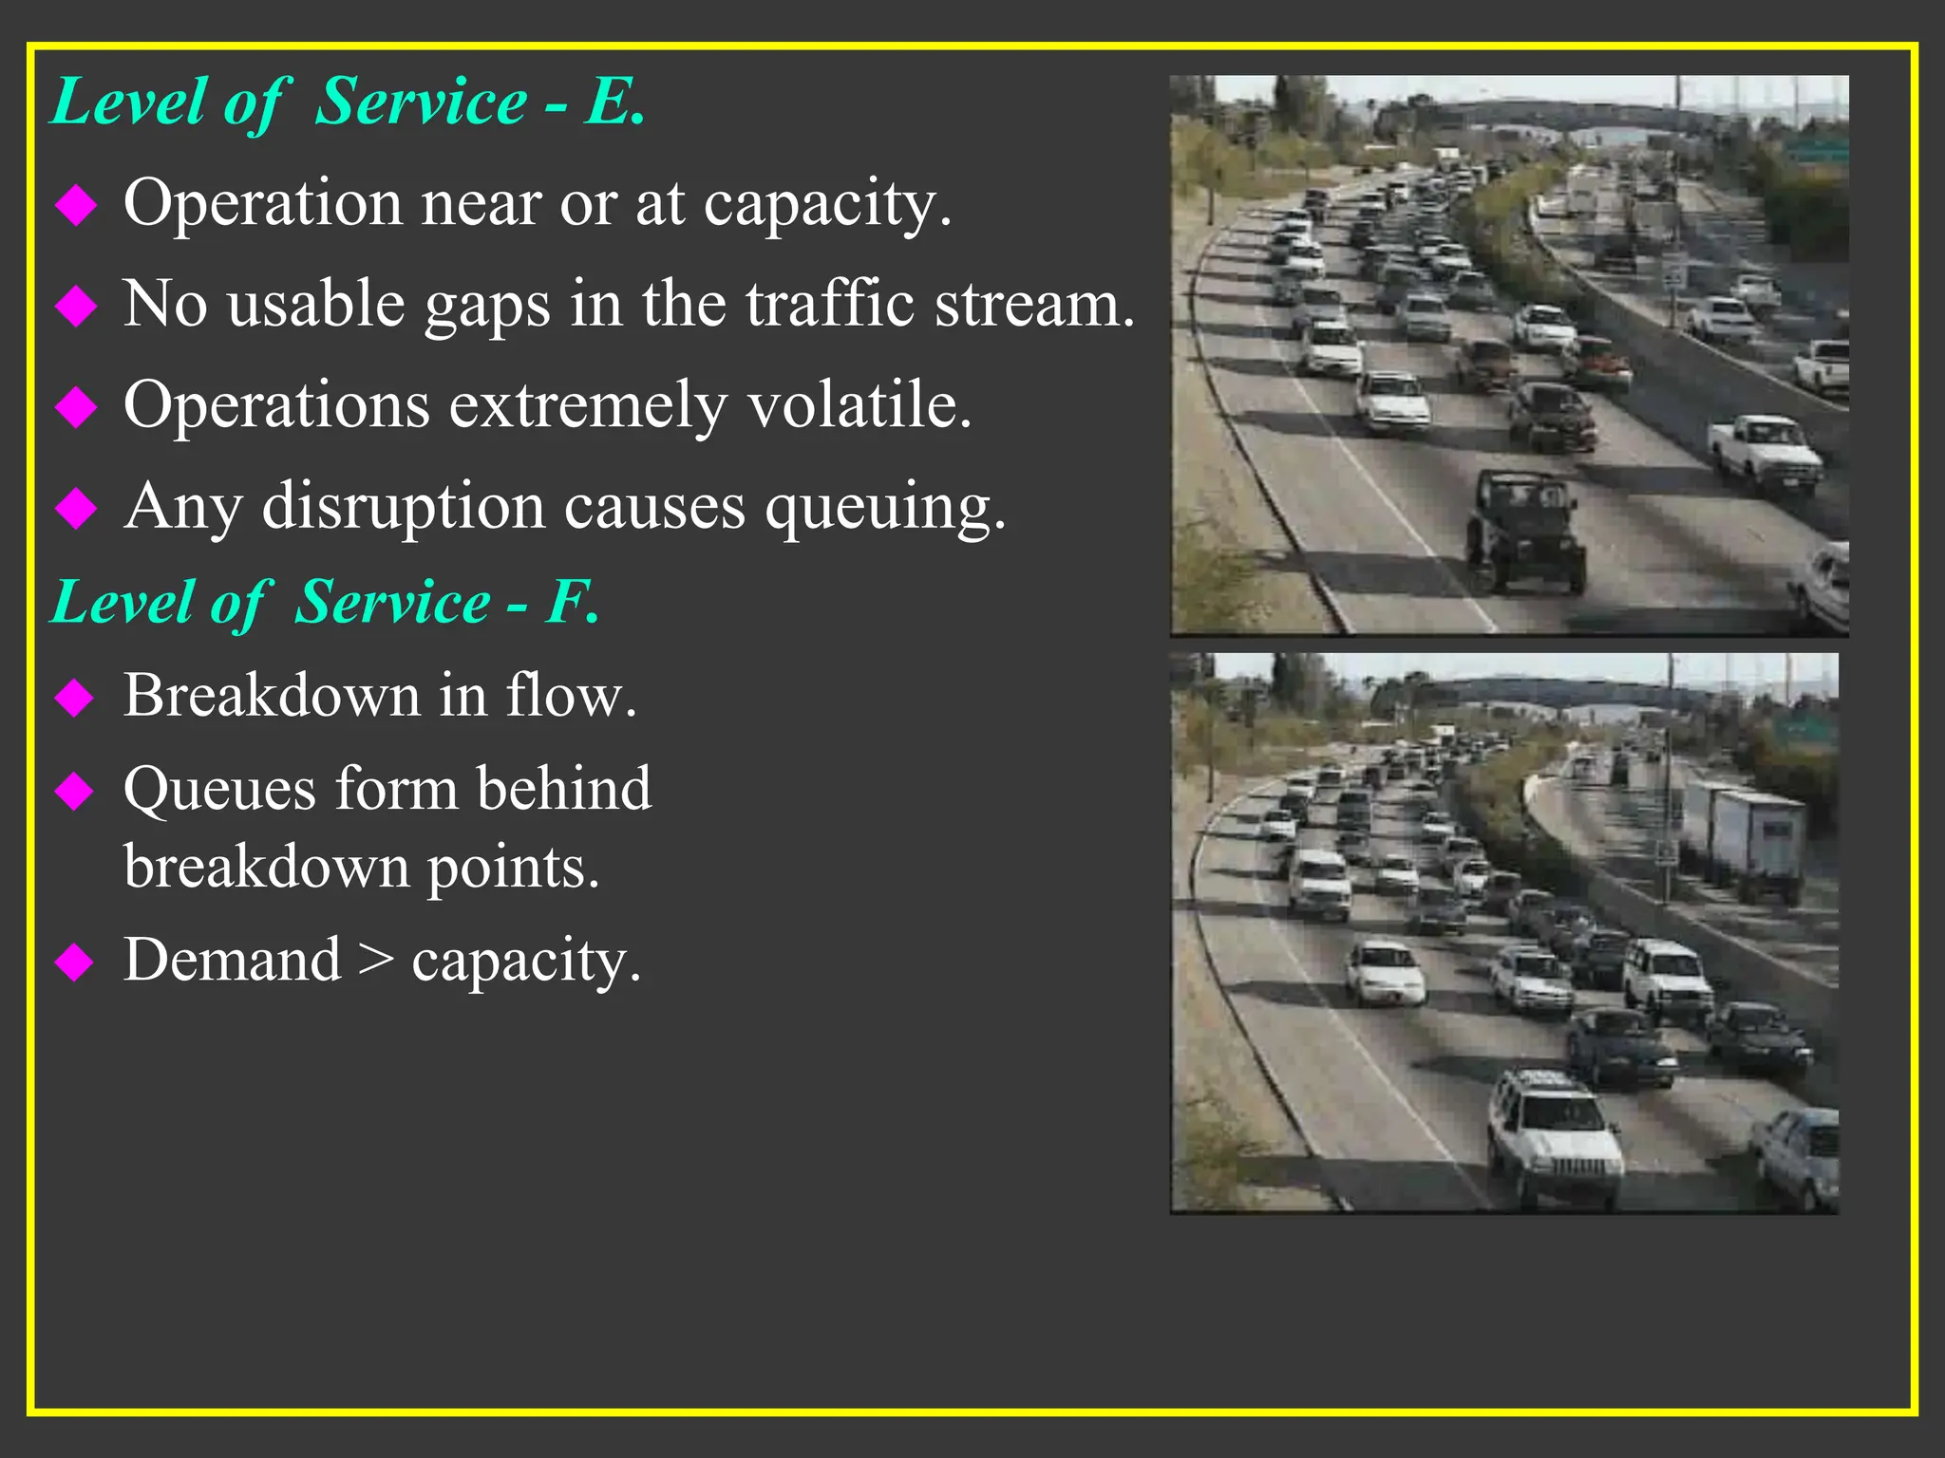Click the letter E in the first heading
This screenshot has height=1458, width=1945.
(611, 102)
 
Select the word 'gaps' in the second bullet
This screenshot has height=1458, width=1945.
(487, 306)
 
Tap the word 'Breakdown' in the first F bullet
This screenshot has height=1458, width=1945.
(272, 695)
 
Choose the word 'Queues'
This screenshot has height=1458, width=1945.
(219, 790)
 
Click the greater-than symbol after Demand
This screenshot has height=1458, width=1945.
(376, 961)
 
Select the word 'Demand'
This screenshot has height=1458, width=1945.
(233, 960)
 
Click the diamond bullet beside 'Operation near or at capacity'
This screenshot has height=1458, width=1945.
(76, 204)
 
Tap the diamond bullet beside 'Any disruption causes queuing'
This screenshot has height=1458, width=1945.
(76, 508)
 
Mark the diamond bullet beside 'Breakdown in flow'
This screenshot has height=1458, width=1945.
(75, 698)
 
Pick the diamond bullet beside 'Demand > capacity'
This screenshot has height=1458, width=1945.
(75, 963)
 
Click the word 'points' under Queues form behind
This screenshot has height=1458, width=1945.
(512, 868)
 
